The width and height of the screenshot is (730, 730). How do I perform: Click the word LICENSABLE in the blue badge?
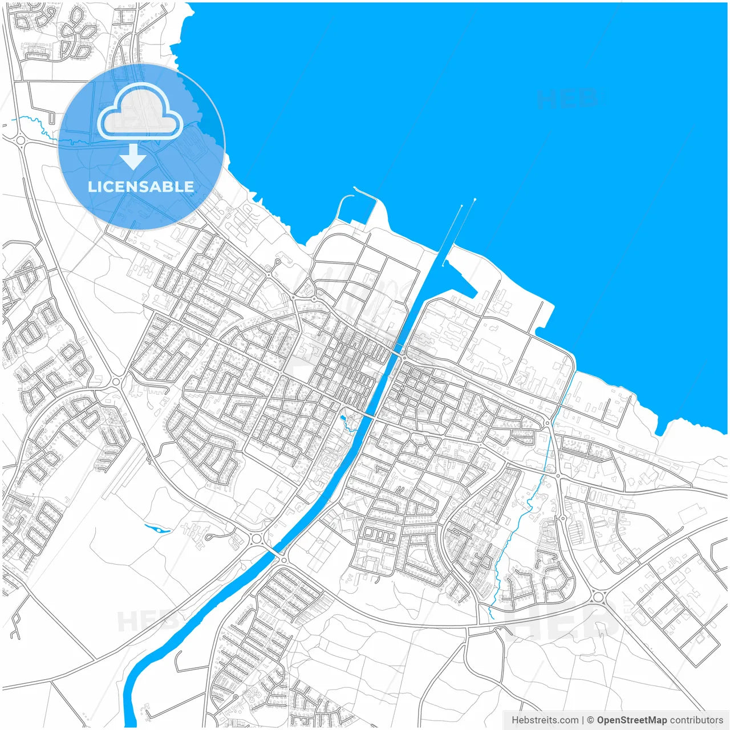click(141, 186)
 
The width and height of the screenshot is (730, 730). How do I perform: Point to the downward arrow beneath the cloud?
click(133, 156)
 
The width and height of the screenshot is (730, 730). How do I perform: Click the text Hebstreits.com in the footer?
click(545, 720)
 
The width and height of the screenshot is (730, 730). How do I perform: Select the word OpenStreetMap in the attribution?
click(631, 720)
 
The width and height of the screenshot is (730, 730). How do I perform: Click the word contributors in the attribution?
click(696, 720)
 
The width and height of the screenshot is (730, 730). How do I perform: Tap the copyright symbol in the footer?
click(590, 720)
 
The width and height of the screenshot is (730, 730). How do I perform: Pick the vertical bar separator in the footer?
click(582, 720)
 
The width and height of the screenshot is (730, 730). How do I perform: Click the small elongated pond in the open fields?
click(158, 529)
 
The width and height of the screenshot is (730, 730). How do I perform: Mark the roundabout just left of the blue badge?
click(21, 139)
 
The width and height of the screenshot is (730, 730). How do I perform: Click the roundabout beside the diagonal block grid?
click(598, 597)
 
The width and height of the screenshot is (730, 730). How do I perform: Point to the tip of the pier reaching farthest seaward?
click(474, 200)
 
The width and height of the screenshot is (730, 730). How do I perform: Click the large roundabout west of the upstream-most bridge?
click(256, 538)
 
